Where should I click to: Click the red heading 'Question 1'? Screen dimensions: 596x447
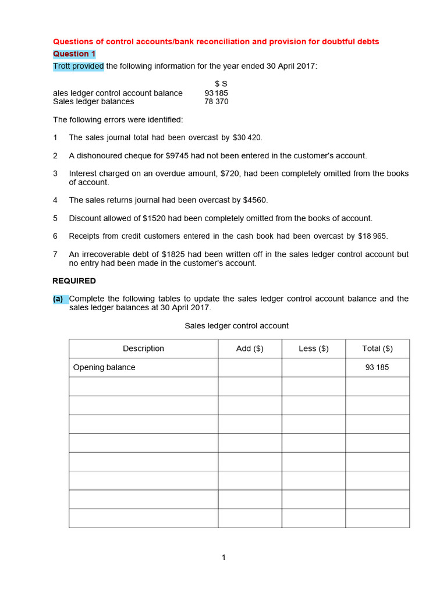point(74,54)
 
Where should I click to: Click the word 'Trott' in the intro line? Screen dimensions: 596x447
point(63,66)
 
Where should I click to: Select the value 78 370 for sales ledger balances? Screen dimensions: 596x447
point(216,102)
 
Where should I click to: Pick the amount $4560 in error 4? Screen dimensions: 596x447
point(255,200)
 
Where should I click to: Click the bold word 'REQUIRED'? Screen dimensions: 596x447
point(74,281)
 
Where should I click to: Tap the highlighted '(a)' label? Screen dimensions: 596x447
point(58,299)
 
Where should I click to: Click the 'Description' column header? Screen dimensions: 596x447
point(143,349)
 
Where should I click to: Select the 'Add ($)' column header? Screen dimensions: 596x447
point(250,349)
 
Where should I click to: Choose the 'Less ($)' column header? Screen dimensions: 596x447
point(314,349)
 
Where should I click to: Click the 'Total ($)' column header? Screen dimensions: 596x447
point(377,349)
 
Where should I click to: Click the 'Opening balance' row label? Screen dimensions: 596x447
point(104,368)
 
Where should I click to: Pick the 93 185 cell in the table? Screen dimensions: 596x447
point(377,368)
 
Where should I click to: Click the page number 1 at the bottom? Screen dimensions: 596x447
point(223,558)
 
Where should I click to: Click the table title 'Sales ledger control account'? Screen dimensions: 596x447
point(236,326)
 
